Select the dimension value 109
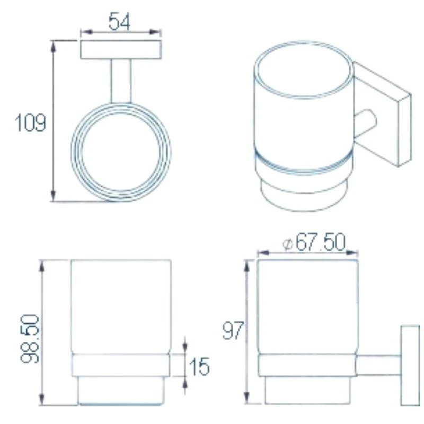tap(30, 123)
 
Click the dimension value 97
tap(233, 332)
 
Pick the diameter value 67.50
tap(320, 243)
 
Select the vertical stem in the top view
tap(120, 81)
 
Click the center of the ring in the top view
tap(121, 153)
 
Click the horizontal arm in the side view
tap(378, 366)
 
